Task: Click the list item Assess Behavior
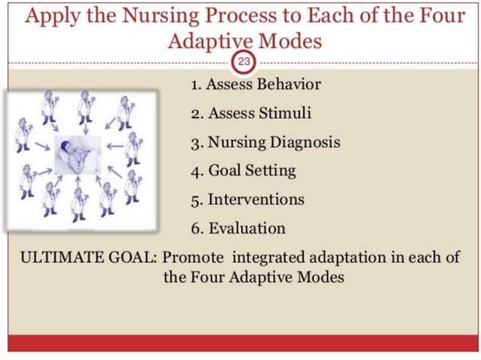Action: tap(256, 84)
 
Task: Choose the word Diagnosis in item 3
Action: tap(305, 142)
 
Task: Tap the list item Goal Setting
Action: tap(244, 170)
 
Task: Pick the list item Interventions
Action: tap(248, 199)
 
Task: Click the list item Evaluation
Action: tap(239, 227)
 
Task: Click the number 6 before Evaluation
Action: tap(195, 227)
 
